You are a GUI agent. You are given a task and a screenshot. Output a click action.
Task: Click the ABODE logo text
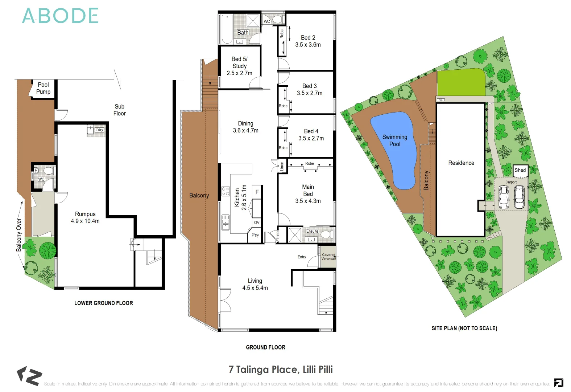pos(60,16)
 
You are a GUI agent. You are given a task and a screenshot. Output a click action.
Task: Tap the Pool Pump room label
pos(43,88)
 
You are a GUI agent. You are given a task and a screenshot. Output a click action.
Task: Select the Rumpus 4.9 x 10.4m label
pos(85,217)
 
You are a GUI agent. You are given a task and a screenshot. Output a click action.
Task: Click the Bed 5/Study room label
pos(239,66)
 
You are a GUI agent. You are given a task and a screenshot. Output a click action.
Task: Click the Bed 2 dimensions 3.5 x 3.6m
pos(308,45)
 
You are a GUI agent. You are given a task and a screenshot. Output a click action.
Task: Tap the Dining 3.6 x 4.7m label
pos(245,127)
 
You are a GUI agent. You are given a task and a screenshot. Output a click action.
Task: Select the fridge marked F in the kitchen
pos(257,192)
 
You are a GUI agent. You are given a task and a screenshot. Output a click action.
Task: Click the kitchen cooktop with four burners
pos(225,191)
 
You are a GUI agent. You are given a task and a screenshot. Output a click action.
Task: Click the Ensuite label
pos(312,231)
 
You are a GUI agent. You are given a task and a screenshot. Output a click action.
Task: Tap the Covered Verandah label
pos(328,257)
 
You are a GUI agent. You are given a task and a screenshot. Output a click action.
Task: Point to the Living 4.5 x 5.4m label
pos(255,284)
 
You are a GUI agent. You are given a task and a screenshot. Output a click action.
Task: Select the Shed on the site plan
pos(520,170)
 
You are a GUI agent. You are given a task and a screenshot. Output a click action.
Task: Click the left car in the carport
pos(504,197)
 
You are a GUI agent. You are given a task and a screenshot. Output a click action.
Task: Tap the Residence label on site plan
pos(461,163)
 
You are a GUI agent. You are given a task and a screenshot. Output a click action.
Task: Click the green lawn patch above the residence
pos(460,82)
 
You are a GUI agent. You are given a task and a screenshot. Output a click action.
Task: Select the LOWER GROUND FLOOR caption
pos(104,303)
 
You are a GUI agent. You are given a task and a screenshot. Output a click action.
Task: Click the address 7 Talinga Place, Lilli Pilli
pos(281,369)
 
